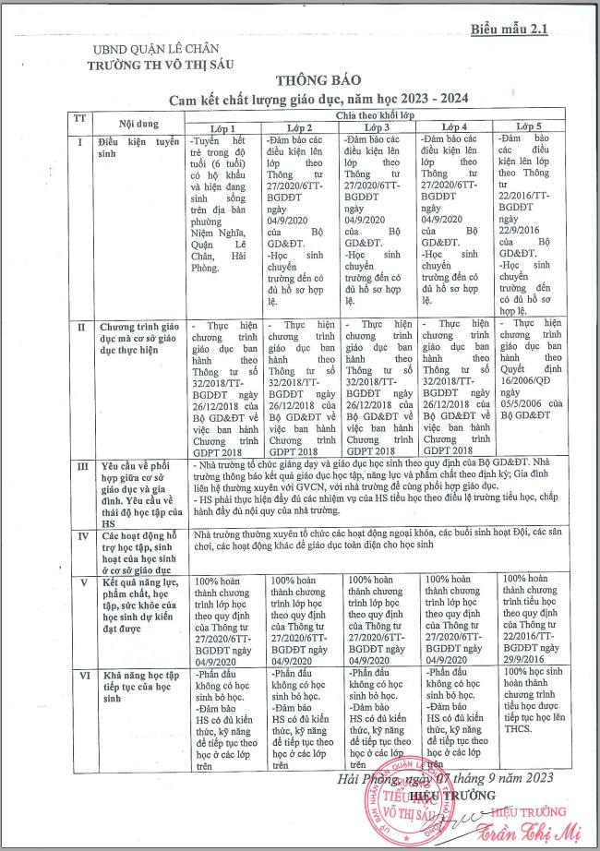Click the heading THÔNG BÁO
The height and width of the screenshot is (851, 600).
[x=307, y=80]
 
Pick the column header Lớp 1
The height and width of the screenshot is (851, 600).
[x=225, y=127]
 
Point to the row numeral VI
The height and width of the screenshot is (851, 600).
[x=80, y=677]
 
